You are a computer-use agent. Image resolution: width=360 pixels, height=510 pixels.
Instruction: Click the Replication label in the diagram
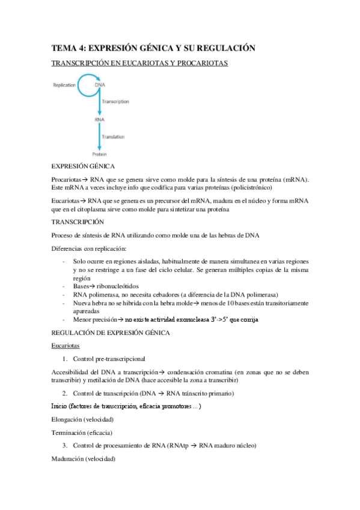pyautogui.click(x=64, y=85)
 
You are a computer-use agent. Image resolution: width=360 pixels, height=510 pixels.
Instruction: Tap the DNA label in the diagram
pyautogui.click(x=100, y=85)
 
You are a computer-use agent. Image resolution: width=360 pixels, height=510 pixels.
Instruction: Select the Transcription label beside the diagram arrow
pyautogui.click(x=115, y=102)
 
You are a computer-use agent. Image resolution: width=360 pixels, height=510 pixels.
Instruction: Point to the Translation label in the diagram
pyautogui.click(x=113, y=137)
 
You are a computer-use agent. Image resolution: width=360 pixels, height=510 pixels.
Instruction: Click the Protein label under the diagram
pyautogui.click(x=99, y=155)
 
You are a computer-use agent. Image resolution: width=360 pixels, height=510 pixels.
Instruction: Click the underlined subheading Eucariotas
pyautogui.click(x=65, y=346)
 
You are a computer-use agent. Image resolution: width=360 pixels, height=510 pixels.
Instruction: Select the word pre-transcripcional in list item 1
pyautogui.click(x=127, y=359)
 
